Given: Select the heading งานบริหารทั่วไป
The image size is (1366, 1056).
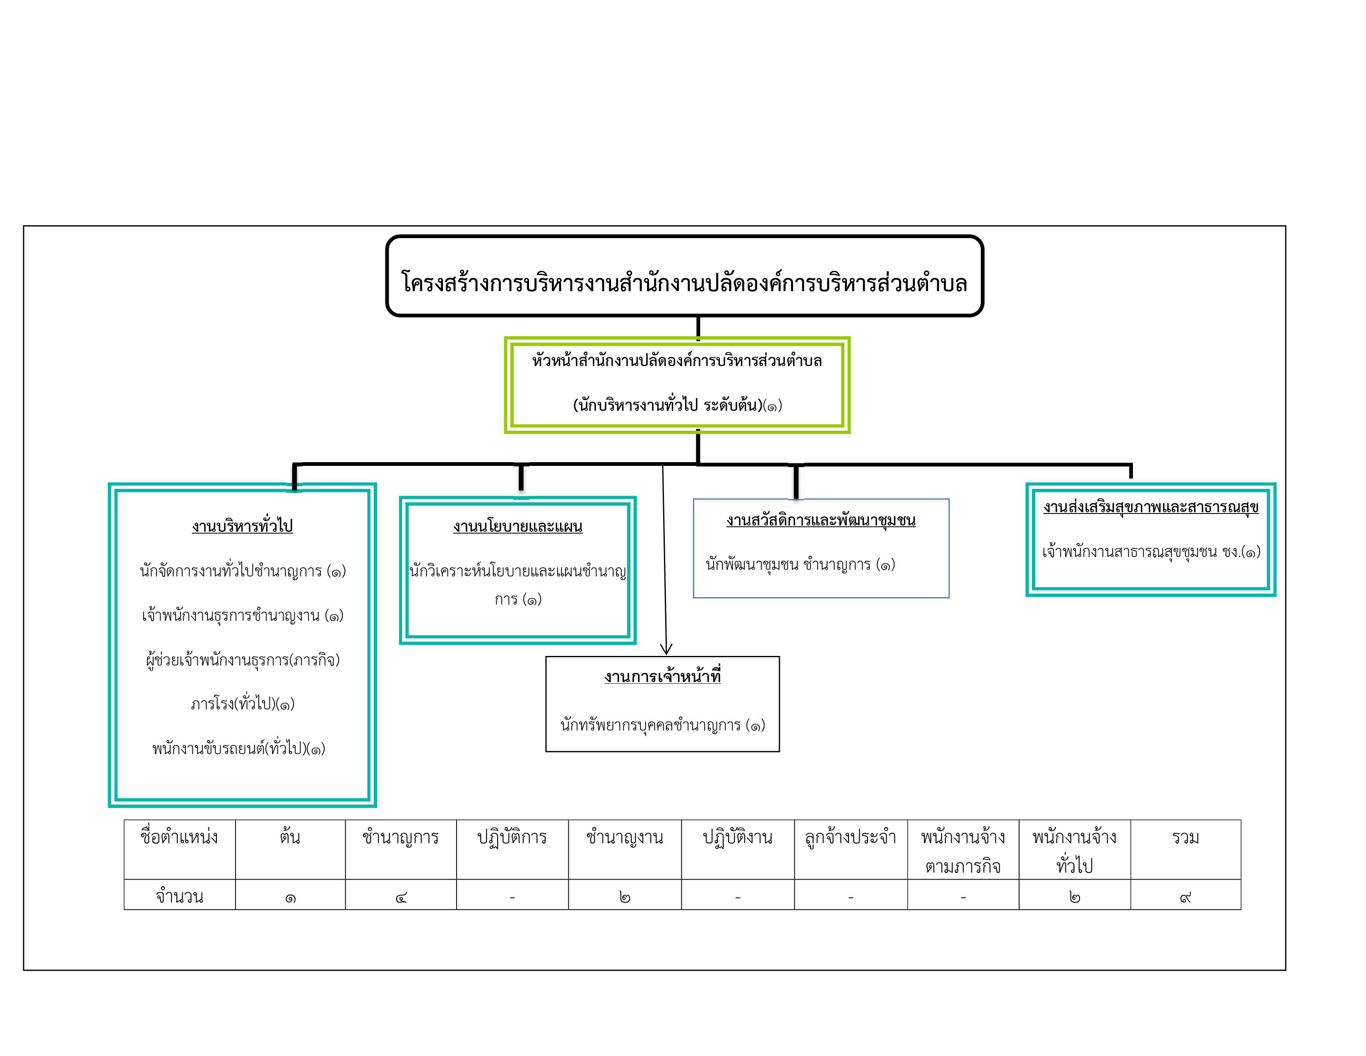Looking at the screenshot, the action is [x=243, y=526].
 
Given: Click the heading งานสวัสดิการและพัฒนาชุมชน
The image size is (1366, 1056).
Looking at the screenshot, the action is [x=820, y=520].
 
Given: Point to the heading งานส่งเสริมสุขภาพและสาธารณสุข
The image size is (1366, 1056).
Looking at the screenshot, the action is [x=1150, y=507].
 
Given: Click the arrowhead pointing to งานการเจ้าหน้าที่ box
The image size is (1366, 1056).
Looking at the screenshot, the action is [x=666, y=649].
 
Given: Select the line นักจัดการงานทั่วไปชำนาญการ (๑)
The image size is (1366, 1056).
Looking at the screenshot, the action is [x=243, y=571].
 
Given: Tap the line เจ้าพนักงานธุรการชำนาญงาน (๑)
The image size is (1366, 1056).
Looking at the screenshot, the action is [x=243, y=615].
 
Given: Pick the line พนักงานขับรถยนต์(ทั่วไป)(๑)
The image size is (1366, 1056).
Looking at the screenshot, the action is [x=239, y=748].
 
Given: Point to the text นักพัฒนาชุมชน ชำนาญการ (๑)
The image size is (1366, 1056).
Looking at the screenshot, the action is [x=800, y=564].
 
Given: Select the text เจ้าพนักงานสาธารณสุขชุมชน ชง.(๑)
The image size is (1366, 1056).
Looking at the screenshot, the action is [x=1151, y=551].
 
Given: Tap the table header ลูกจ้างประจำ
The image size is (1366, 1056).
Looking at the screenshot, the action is [x=851, y=837].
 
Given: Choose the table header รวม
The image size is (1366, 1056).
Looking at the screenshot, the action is [x=1185, y=837].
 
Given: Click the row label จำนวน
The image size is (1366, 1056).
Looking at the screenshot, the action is [x=180, y=896].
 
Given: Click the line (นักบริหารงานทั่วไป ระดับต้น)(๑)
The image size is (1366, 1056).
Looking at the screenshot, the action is [x=677, y=405].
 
